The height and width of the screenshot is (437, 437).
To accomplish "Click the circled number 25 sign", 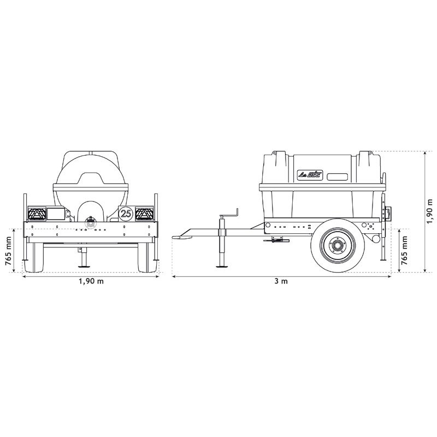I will (126, 213).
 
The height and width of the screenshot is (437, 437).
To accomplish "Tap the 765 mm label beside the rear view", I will (9, 250).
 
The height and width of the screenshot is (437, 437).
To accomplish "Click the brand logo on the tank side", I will (309, 175).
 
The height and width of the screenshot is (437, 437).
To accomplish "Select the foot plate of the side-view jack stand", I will (223, 267).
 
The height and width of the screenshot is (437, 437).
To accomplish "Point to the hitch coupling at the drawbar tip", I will (179, 237).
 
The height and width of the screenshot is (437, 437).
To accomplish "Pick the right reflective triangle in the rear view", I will (145, 214).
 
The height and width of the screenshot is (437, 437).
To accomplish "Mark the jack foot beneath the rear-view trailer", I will (84, 267).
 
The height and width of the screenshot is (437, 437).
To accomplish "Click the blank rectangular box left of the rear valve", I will (55, 214).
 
